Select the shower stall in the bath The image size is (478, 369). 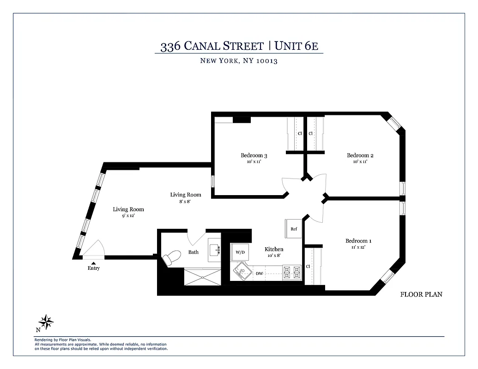pyautogui.click(x=202, y=277)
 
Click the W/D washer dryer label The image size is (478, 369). pyautogui.click(x=240, y=252)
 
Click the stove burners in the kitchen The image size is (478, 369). pyautogui.click(x=292, y=273)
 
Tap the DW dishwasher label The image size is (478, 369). pyautogui.click(x=260, y=274)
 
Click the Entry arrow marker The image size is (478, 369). pyautogui.click(x=93, y=263)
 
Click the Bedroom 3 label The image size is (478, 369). pyautogui.click(x=254, y=155)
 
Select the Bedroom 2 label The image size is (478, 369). pyautogui.click(x=360, y=155)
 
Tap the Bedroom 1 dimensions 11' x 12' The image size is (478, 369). pyautogui.click(x=358, y=247)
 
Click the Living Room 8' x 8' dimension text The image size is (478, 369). pyautogui.click(x=185, y=202)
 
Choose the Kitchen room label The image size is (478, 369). pyautogui.click(x=274, y=249)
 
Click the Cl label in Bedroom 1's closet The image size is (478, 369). pyautogui.click(x=308, y=266)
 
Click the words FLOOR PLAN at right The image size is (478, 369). pyautogui.click(x=421, y=294)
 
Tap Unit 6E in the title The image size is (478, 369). pyautogui.click(x=297, y=46)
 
